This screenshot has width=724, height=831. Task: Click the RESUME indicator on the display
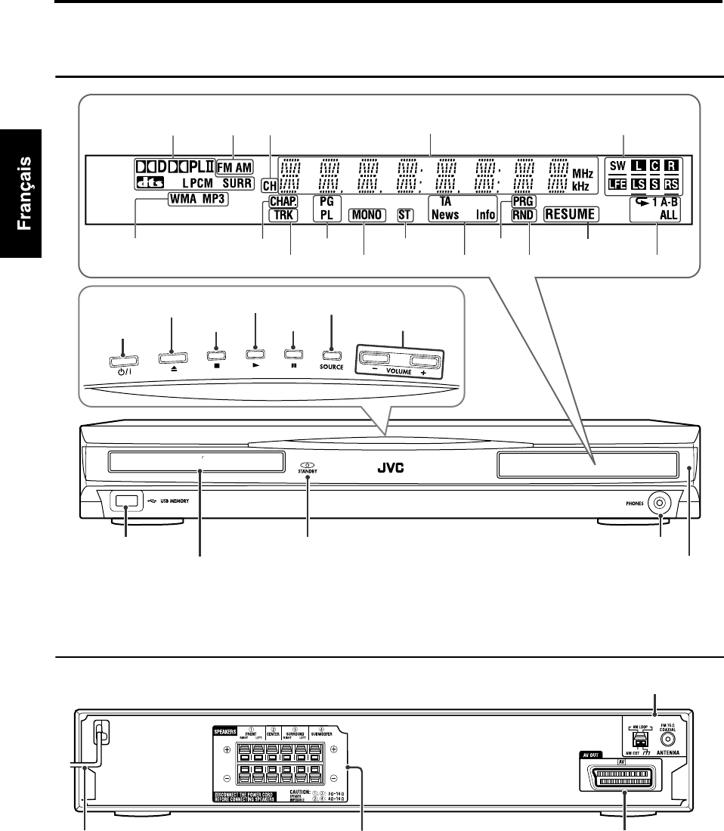coord(571,215)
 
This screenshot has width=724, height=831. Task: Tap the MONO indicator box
coord(365,215)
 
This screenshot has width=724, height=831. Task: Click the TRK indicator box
coord(283,215)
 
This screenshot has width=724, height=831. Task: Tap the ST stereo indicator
coord(406,215)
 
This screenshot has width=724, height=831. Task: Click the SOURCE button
coord(331,352)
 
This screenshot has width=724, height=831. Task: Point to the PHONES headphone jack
coord(662,501)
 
